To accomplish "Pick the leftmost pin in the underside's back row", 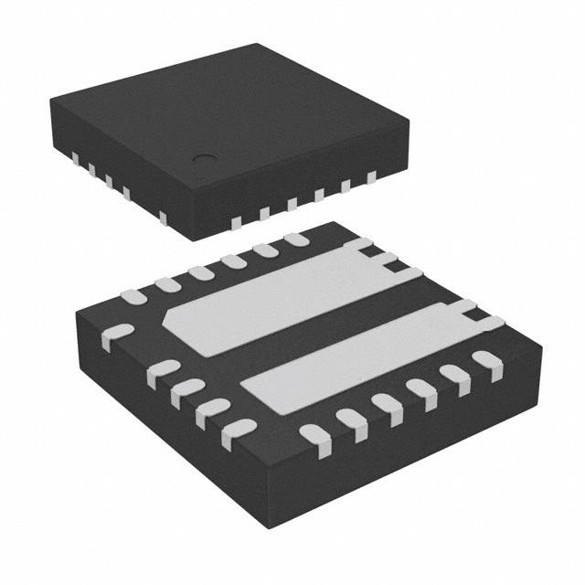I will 133,296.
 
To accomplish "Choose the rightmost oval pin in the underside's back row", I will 295,239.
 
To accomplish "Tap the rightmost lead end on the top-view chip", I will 372,179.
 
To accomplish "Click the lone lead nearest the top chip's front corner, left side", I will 163,217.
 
